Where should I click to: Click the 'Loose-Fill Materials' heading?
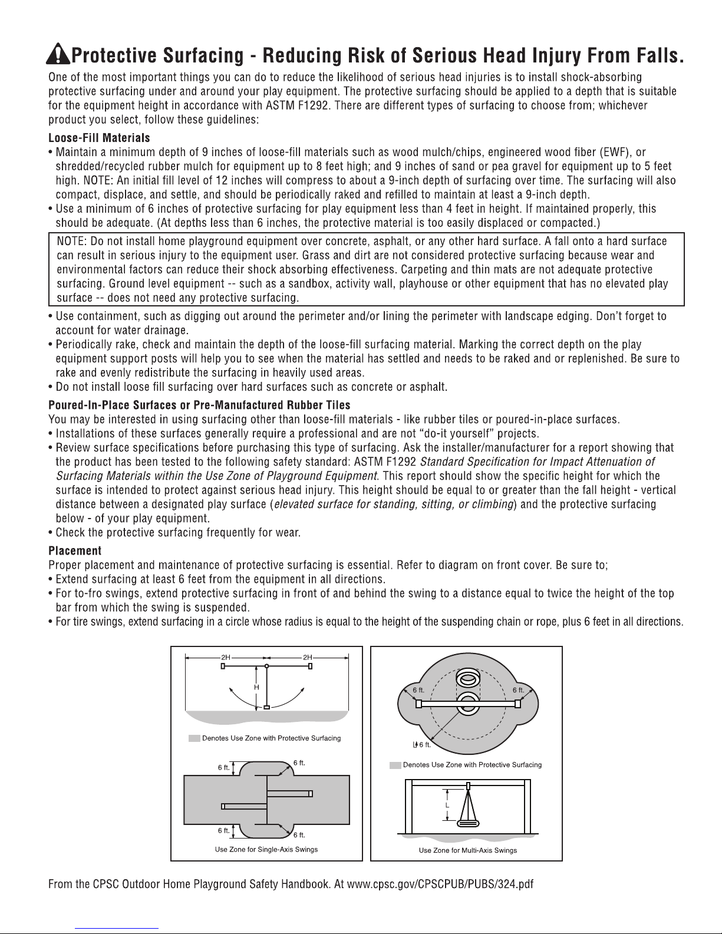coord(98,138)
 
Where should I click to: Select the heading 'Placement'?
coord(74,551)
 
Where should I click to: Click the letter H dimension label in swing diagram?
coord(257,687)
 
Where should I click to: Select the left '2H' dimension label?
coord(225,656)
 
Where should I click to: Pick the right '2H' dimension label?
coord(307,656)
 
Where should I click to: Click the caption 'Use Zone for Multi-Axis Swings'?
coord(467,850)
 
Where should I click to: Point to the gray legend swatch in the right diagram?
coord(395,765)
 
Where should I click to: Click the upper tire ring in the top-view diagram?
coord(467,679)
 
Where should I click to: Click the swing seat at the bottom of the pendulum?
coord(266,707)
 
